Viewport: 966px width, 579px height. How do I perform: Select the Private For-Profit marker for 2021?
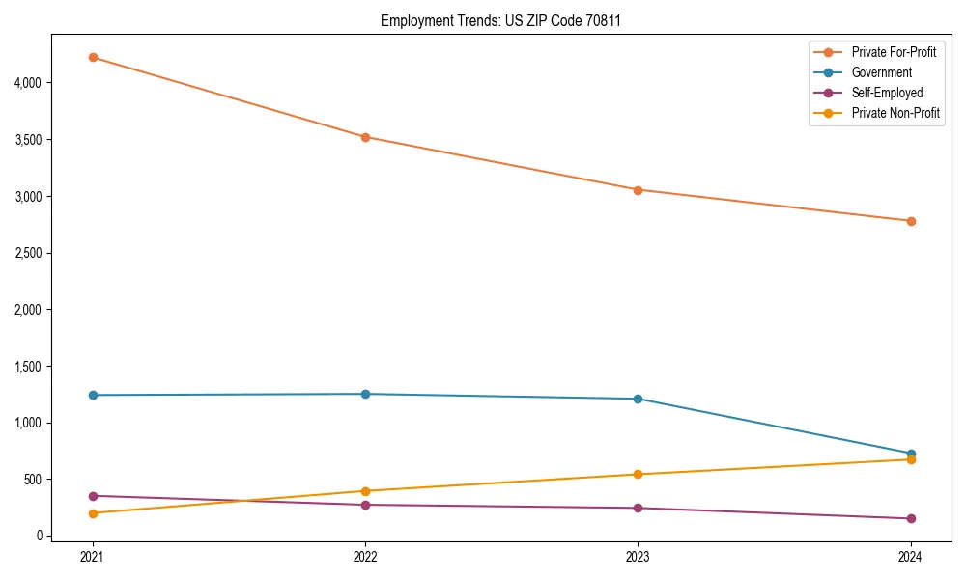pyautogui.click(x=93, y=58)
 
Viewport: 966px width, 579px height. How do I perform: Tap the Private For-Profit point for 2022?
pyautogui.click(x=365, y=137)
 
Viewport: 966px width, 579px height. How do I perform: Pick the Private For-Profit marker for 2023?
pyautogui.click(x=638, y=190)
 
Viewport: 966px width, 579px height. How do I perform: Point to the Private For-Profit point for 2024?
pyautogui.click(x=910, y=221)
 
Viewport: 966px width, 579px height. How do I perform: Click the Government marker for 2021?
pyautogui.click(x=93, y=395)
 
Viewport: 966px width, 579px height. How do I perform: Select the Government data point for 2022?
pyautogui.click(x=365, y=394)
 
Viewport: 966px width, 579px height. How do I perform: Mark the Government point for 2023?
pyautogui.click(x=638, y=399)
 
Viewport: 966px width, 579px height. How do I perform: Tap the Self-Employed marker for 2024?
pyautogui.click(x=910, y=518)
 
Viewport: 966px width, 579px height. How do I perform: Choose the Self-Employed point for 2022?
pyautogui.click(x=365, y=505)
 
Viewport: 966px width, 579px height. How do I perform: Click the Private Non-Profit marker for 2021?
pyautogui.click(x=93, y=513)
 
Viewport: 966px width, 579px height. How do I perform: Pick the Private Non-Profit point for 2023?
pyautogui.click(x=638, y=474)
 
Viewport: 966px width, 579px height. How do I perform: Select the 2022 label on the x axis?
pyautogui.click(x=365, y=556)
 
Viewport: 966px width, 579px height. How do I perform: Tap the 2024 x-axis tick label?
pyautogui.click(x=910, y=556)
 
